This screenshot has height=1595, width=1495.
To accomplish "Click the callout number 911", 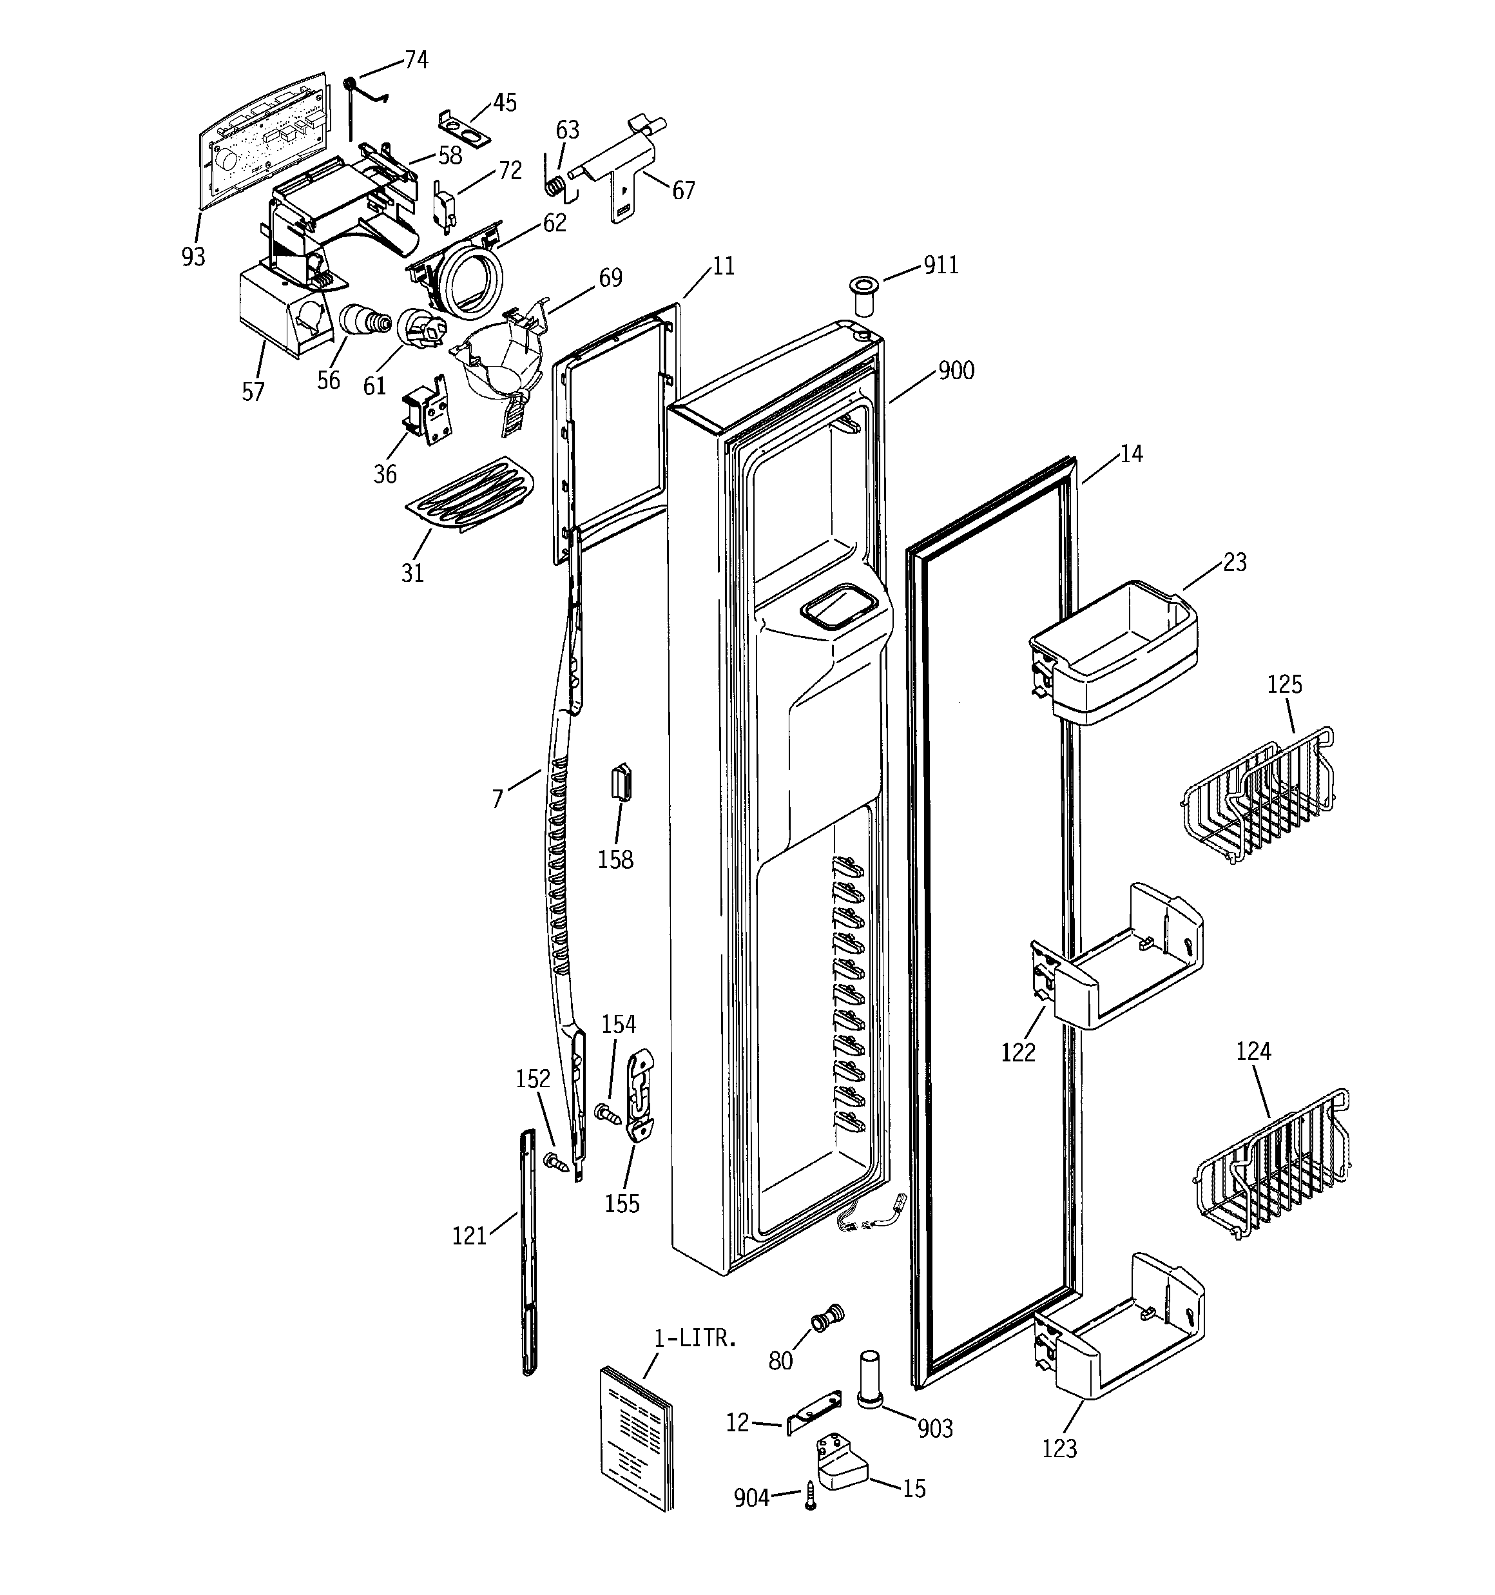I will (940, 265).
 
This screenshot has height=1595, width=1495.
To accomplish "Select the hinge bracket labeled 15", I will (841, 1464).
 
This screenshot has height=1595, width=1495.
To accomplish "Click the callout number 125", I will (1285, 684).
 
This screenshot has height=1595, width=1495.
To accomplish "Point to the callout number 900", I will (956, 371).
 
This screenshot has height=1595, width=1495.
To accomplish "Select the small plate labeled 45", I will (464, 127).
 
